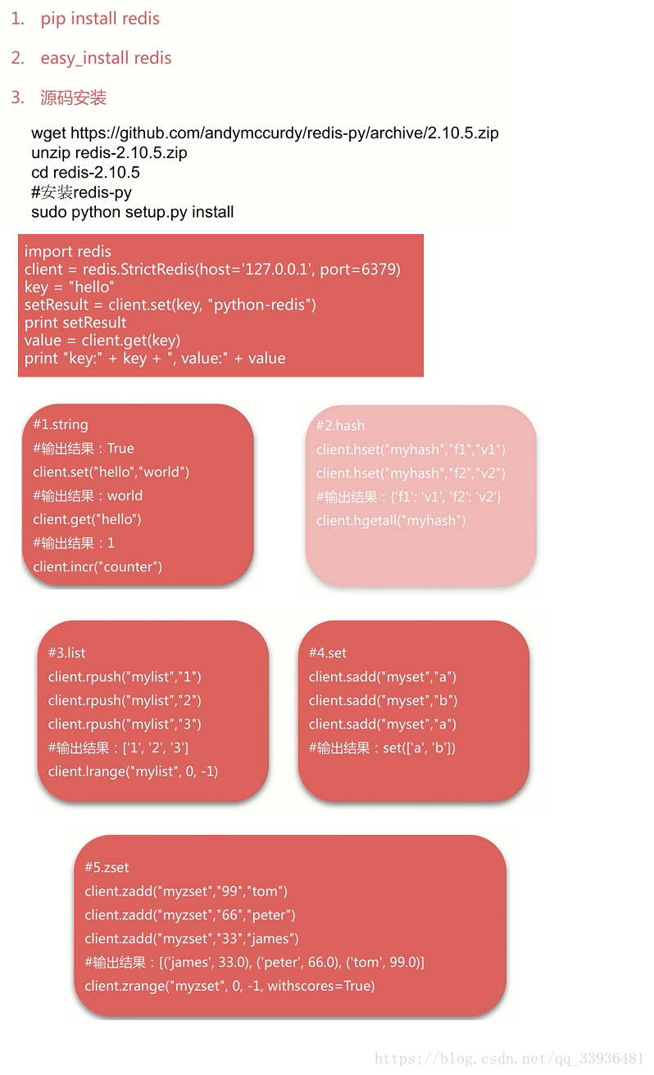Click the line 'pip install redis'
point(100,19)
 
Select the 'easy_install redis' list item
point(106,58)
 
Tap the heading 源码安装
point(73,98)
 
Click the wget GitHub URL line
point(265,133)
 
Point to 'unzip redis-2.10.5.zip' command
point(109,152)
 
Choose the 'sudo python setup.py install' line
point(133,212)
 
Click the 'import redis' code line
point(68,251)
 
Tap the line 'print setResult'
point(75,323)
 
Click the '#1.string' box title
point(61,425)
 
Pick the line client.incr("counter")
point(98,567)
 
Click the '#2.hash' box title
point(340,426)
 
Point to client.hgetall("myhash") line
point(391,521)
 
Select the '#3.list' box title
point(66,653)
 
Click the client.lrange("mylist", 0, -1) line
point(133,771)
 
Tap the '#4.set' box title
point(328,653)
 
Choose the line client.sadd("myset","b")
point(383,701)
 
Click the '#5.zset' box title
point(107,868)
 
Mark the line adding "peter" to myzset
point(190,915)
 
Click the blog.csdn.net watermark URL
point(509,1059)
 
